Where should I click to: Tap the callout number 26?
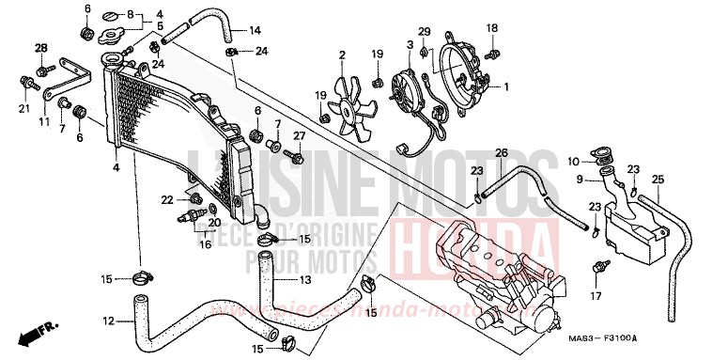502,153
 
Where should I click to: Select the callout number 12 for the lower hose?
111,321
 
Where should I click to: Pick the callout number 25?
658,180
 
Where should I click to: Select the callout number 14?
255,31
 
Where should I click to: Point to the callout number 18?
491,30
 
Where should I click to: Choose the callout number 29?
424,32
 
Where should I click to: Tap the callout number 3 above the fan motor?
410,44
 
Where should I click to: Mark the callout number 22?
167,199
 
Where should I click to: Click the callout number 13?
304,280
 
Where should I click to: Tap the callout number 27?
300,135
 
